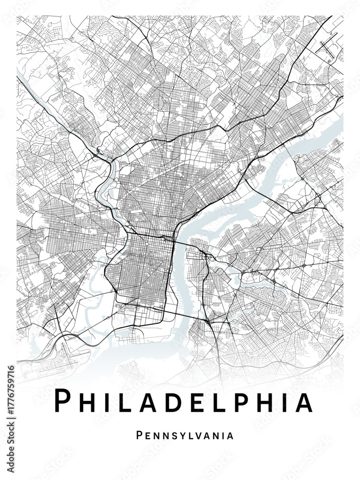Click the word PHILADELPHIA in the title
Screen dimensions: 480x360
coord(183,402)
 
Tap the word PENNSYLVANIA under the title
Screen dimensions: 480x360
coord(185,436)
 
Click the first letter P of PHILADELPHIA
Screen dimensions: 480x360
coord(63,401)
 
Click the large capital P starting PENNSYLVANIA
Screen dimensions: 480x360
coord(140,435)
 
